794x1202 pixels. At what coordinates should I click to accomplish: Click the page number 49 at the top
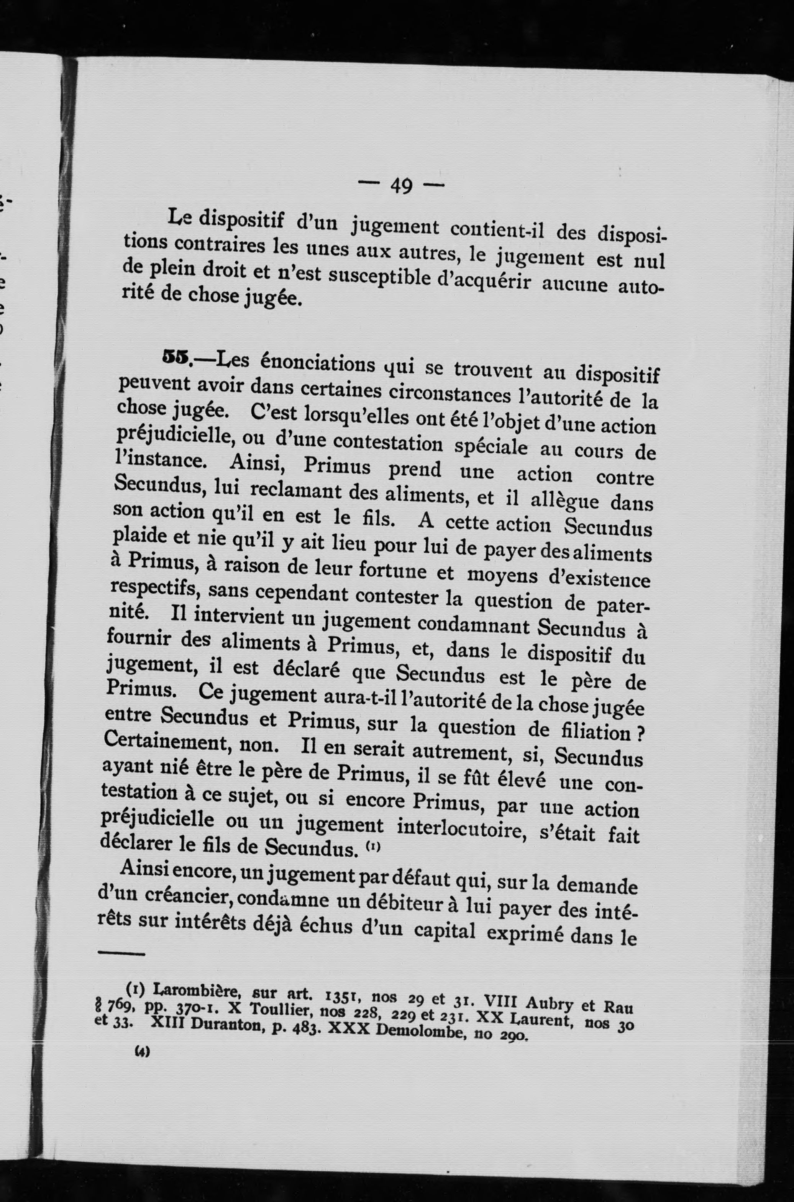401,186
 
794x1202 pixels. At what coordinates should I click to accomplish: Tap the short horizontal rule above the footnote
120,953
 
